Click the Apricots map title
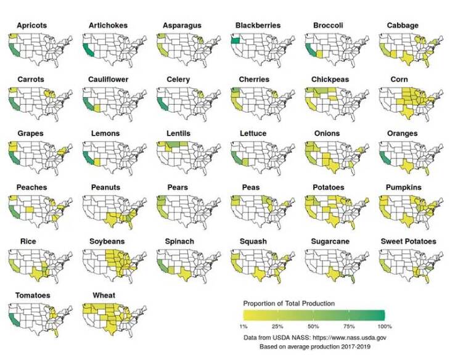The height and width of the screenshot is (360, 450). [34, 25]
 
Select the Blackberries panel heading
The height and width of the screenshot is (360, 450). [258, 25]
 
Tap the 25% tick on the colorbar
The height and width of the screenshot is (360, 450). [277, 325]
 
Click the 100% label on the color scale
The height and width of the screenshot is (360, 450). [385, 325]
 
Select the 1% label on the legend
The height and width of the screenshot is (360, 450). [244, 325]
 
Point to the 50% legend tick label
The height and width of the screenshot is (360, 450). [313, 325]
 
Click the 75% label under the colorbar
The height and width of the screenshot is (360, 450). [350, 325]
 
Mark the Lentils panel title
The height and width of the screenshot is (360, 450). [179, 133]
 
